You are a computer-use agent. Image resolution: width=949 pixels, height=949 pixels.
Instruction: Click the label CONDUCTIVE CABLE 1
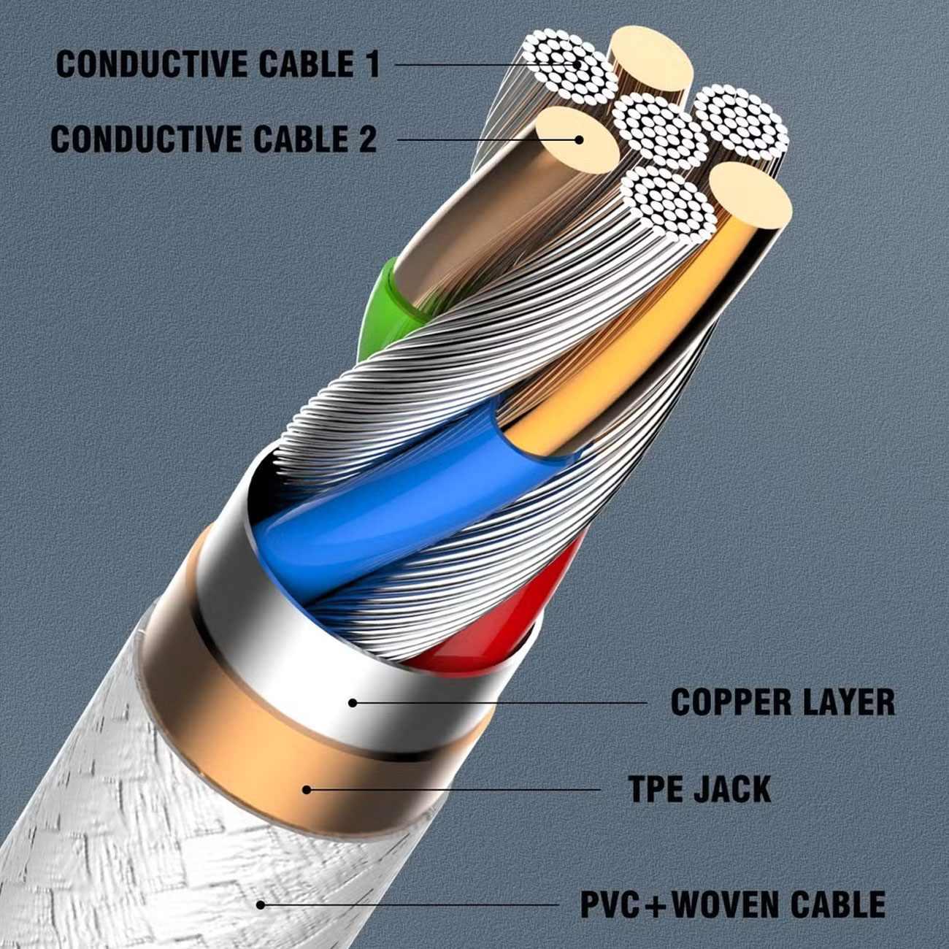click(x=218, y=64)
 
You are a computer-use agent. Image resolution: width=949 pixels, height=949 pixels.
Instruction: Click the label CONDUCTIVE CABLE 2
click(x=214, y=139)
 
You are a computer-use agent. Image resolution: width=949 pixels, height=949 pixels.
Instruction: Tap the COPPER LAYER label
click(x=783, y=702)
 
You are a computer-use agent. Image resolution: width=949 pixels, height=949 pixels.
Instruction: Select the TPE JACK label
click(x=700, y=789)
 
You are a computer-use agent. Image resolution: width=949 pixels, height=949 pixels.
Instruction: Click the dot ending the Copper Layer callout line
click(x=353, y=703)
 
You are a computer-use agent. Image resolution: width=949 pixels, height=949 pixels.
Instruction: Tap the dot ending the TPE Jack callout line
click(x=307, y=790)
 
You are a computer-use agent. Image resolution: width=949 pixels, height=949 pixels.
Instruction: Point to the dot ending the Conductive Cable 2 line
click(x=579, y=140)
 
